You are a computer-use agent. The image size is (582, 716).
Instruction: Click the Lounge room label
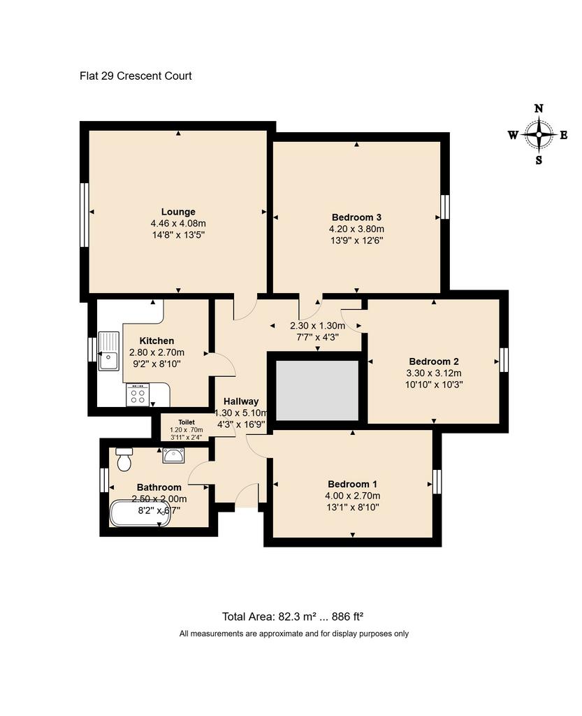click(x=178, y=212)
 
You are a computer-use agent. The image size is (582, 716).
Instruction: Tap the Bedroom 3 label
click(x=356, y=217)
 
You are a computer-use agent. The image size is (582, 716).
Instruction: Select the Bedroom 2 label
click(x=434, y=361)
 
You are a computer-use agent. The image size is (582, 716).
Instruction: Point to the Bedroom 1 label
click(x=352, y=484)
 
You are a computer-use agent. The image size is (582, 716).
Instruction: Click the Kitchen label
click(x=157, y=341)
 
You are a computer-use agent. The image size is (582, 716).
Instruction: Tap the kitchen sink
click(x=108, y=351)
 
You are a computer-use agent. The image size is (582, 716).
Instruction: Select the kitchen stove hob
click(x=138, y=394)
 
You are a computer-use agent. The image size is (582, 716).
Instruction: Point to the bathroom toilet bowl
click(x=124, y=459)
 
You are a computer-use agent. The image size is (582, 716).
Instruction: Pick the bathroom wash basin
click(x=173, y=455)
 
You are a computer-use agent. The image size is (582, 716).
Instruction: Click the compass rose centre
click(x=539, y=135)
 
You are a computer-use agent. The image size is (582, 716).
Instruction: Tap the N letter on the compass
click(x=539, y=108)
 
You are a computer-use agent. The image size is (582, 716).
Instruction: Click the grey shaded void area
click(x=317, y=390)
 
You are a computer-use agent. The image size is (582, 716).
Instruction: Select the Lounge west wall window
click(x=84, y=215)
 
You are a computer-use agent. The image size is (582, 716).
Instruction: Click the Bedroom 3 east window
click(x=445, y=207)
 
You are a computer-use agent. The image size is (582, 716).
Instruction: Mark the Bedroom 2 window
click(x=504, y=360)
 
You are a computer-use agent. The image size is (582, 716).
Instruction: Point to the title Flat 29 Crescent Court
click(x=136, y=76)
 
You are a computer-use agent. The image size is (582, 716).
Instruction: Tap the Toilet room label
click(x=187, y=422)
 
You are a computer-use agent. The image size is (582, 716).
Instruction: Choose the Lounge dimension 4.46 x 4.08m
click(x=178, y=224)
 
